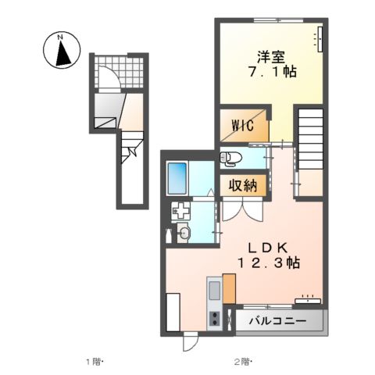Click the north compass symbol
[62, 50]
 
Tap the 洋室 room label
[271, 57]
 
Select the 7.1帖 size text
[273, 72]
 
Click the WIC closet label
[243, 126]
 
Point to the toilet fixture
[230, 158]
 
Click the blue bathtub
[177, 178]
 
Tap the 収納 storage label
[243, 185]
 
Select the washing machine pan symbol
[180, 210]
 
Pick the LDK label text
[268, 248]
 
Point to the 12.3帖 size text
[268, 263]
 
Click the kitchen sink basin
[214, 290]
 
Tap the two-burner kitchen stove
[215, 318]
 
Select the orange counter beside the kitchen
[229, 288]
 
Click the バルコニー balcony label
[277, 320]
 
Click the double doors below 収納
[242, 209]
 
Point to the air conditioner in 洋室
[320, 39]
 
